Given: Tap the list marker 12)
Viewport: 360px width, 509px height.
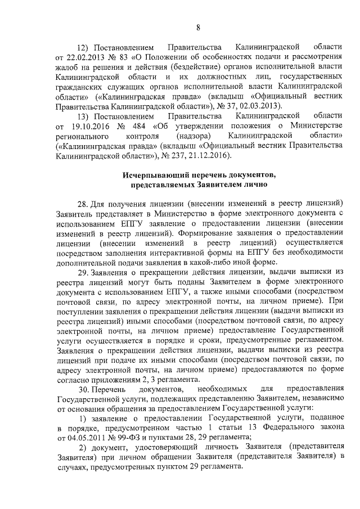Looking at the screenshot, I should [x=83, y=46].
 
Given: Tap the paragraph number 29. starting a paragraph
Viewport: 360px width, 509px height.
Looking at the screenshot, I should [x=83, y=273].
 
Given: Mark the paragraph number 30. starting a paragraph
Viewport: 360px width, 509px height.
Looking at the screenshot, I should [x=83, y=389].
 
